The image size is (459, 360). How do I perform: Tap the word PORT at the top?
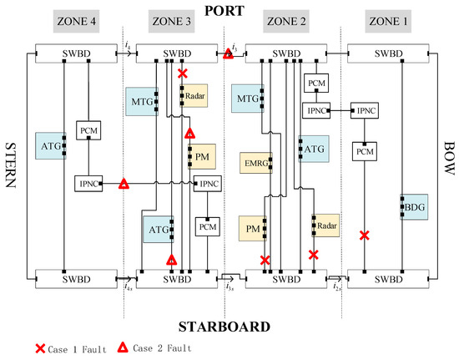(x=228, y=11)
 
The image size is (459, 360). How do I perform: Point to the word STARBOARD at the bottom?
(x=228, y=325)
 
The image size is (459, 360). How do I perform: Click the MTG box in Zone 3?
(x=139, y=101)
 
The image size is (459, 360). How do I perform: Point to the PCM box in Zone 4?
(x=89, y=131)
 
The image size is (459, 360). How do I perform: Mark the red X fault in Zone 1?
(x=364, y=236)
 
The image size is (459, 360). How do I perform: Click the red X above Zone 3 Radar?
(x=183, y=74)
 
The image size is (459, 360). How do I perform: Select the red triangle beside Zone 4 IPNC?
(x=124, y=184)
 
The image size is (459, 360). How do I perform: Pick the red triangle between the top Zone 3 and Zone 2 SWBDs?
(x=228, y=55)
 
